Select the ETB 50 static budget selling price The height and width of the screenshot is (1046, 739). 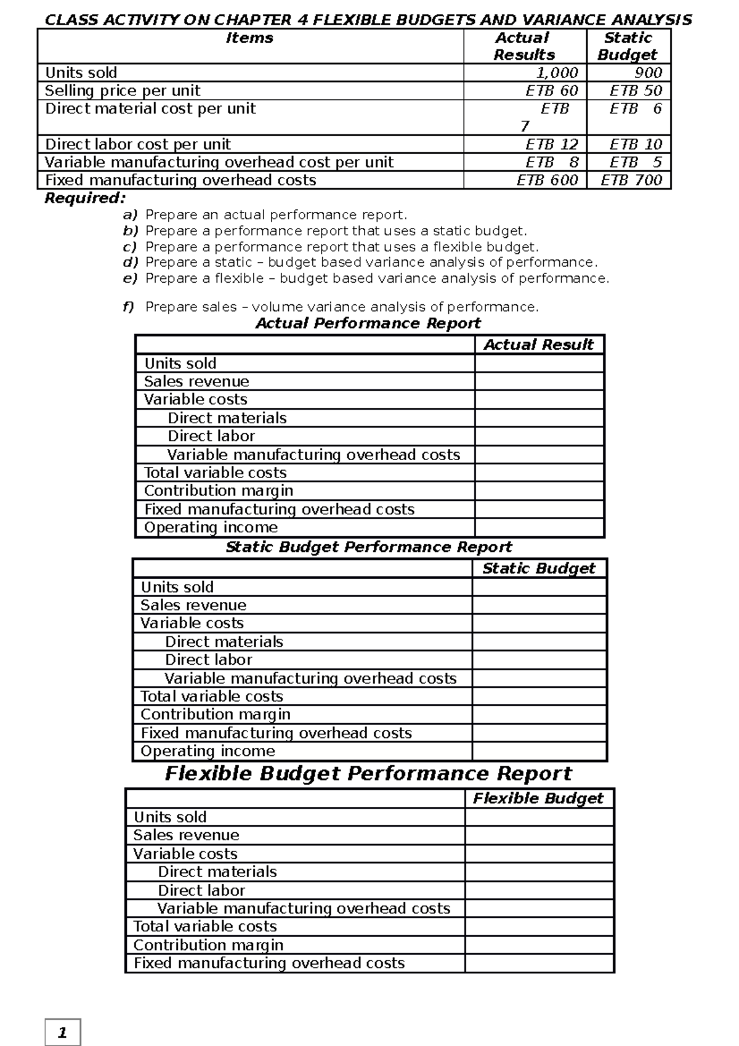[635, 91]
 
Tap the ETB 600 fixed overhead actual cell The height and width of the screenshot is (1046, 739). [547, 180]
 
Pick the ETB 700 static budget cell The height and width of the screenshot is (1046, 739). [631, 180]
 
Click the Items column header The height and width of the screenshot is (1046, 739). [249, 38]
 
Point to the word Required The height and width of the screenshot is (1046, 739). [84, 198]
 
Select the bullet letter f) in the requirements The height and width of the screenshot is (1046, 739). [128, 307]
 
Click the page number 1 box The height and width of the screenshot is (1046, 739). [62, 1033]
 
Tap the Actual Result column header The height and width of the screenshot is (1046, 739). [538, 344]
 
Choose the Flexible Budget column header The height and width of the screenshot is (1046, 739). [538, 798]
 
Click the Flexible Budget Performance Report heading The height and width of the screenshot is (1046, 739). [368, 774]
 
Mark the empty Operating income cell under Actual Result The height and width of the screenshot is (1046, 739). [539, 528]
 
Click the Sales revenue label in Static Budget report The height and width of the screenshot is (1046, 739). [193, 605]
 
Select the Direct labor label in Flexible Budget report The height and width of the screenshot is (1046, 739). [201, 890]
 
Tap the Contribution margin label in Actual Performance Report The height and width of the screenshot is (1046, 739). [218, 491]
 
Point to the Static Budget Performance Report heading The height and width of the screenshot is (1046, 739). [368, 547]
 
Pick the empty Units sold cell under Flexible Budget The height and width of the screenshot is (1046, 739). [539, 817]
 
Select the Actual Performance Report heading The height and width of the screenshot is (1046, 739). [368, 323]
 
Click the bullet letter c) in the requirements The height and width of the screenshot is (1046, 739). [129, 247]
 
